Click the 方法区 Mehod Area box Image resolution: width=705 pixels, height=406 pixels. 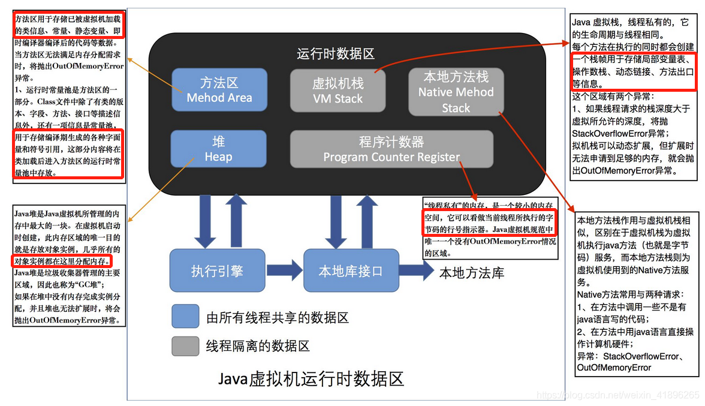[219, 90]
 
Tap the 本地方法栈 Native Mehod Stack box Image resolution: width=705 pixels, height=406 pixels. [456, 92]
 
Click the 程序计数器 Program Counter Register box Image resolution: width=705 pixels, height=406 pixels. [391, 149]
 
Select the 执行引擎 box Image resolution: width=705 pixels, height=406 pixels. [217, 271]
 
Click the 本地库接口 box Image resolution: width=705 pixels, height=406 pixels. [350, 271]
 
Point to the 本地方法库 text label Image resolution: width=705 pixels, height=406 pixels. [472, 273]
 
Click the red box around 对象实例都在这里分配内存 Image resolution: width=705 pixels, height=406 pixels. [62, 261]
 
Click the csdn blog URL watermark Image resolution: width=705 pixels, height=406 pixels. [617, 395]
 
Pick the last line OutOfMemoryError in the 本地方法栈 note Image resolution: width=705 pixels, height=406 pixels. [614, 368]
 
